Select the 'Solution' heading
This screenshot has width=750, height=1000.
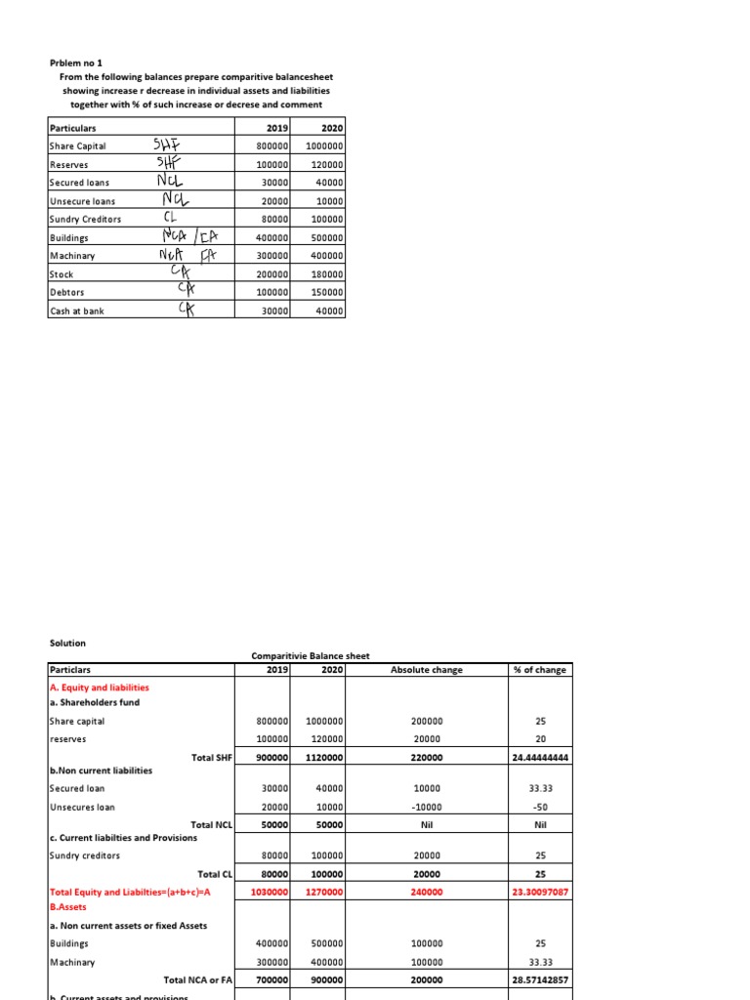coord(67,643)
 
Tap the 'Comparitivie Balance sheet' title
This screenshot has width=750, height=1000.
coord(310,656)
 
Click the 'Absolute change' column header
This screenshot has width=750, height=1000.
coord(426,670)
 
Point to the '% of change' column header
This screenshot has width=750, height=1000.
coord(539,670)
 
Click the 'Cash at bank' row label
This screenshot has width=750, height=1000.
coord(77,311)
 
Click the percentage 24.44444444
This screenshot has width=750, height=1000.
coord(539,757)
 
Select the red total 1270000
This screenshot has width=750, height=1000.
coord(323,892)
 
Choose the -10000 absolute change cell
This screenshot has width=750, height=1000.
coord(426,807)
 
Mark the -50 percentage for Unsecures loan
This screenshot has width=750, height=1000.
coord(539,807)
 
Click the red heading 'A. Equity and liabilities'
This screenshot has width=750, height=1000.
coord(99,687)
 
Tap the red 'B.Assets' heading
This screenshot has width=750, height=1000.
coord(67,906)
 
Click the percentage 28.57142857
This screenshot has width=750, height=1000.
coord(539,979)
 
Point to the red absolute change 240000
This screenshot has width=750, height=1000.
coord(426,892)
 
